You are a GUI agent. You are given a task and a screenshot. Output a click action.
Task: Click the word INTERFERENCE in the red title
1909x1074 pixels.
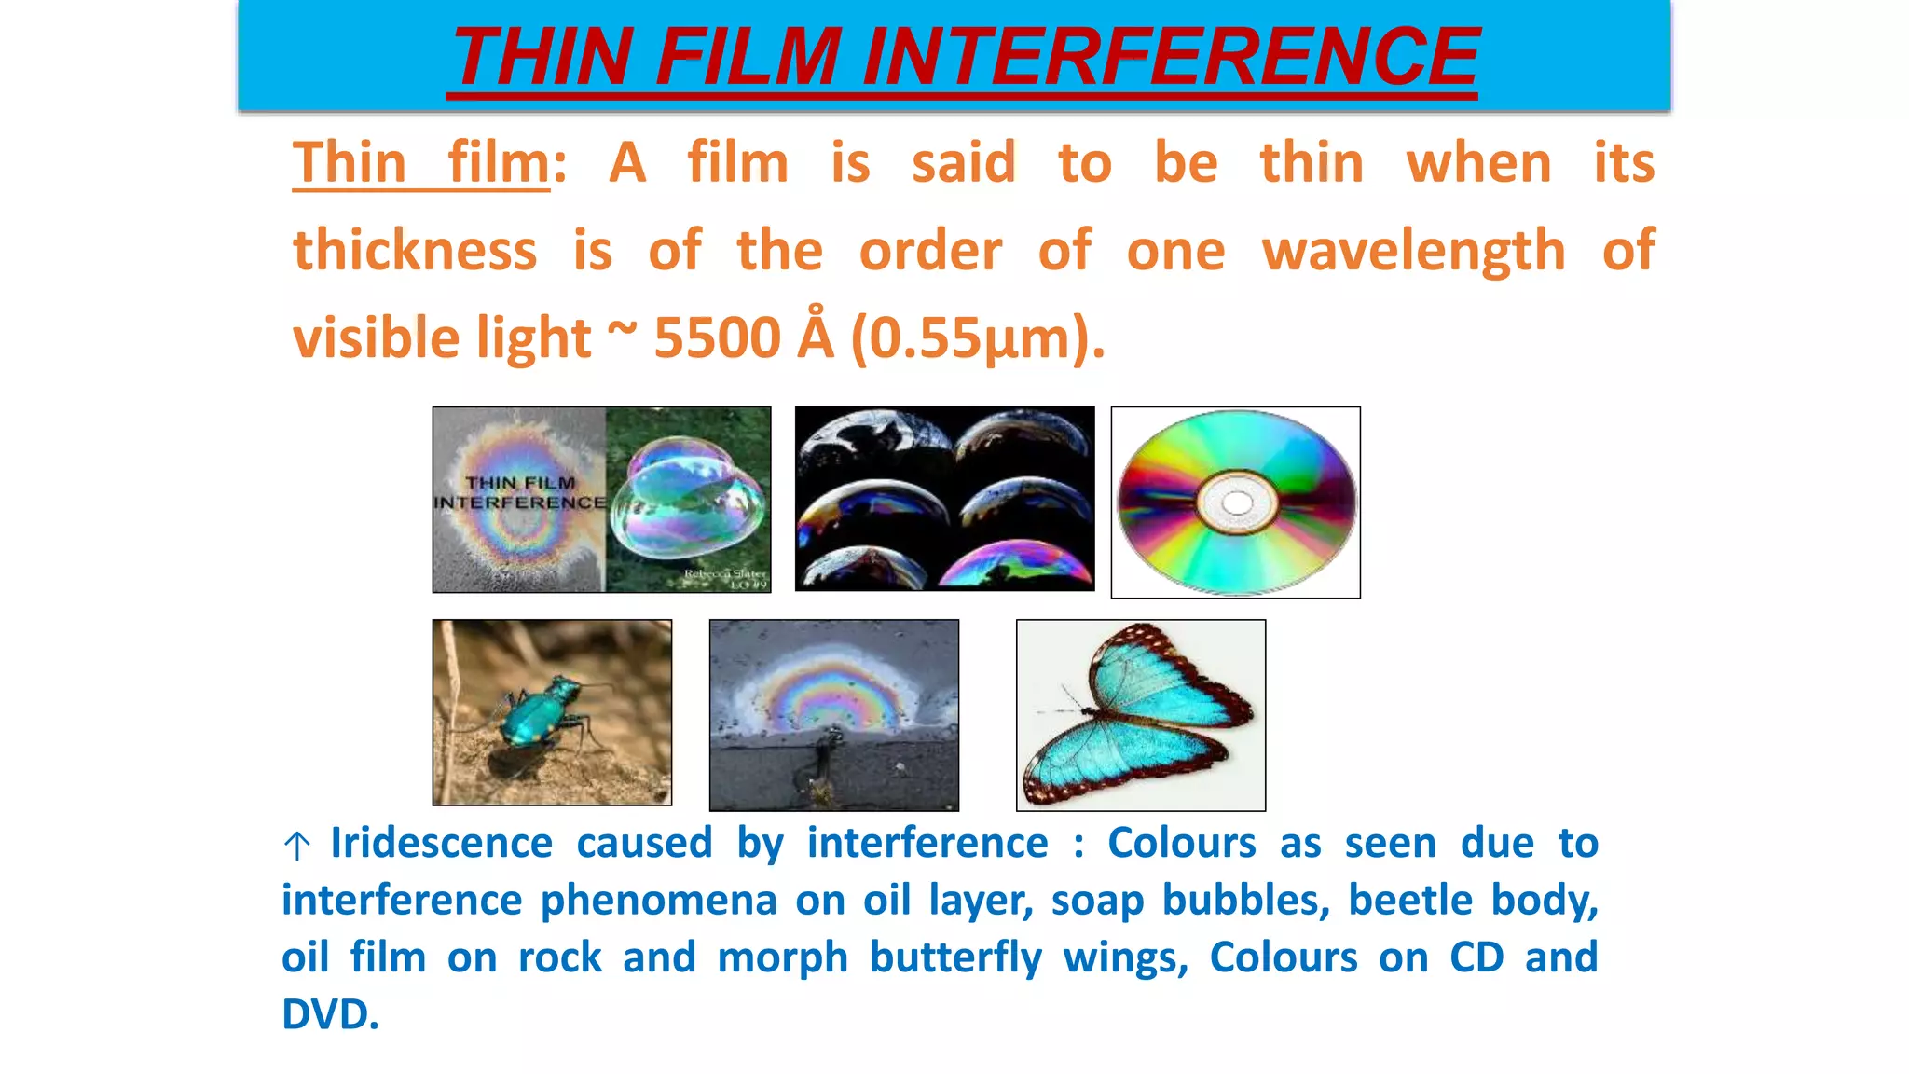click(x=1171, y=58)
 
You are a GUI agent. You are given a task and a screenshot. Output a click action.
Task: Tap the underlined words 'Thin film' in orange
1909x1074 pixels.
click(x=421, y=163)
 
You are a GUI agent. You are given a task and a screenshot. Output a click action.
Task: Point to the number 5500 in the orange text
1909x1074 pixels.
click(x=717, y=337)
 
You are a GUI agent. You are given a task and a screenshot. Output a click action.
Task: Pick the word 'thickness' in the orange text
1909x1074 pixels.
click(x=415, y=251)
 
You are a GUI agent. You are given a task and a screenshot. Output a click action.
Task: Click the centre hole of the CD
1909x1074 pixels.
click(x=1236, y=503)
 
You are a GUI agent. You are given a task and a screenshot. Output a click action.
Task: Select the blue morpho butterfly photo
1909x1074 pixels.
click(x=1141, y=715)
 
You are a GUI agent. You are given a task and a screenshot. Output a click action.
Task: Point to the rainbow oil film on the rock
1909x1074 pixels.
click(x=832, y=695)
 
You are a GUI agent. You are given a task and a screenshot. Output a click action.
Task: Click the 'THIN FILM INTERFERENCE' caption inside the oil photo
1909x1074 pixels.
click(x=520, y=492)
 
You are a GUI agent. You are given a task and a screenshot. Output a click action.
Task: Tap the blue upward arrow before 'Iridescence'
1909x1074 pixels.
click(x=296, y=846)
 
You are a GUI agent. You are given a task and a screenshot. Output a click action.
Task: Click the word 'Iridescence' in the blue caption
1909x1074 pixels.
click(x=441, y=844)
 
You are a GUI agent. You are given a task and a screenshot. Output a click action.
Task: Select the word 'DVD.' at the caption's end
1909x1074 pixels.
click(x=330, y=1014)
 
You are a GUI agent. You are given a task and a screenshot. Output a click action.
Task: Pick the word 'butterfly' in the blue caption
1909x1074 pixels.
click(x=955, y=958)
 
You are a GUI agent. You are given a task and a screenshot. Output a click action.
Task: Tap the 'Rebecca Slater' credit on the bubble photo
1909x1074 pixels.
click(x=724, y=574)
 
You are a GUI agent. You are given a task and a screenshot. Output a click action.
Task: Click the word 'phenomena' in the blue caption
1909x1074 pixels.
click(x=658, y=901)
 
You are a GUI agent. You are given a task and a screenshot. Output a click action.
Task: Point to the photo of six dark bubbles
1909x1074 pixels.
click(x=944, y=499)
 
